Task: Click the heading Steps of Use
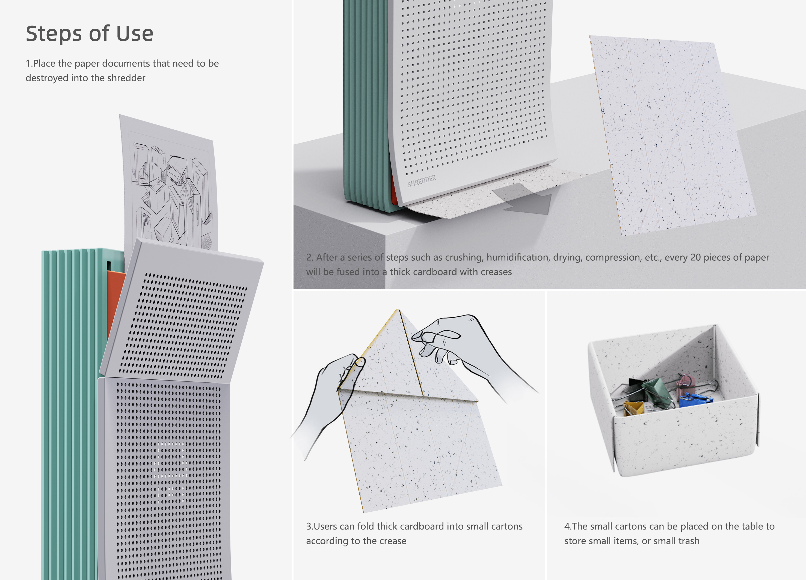point(90,34)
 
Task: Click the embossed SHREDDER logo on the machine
point(422,181)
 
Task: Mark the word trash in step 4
point(687,541)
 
